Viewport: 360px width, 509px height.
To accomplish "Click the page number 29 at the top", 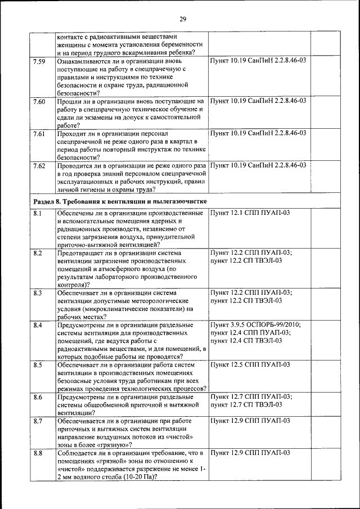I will (183, 20).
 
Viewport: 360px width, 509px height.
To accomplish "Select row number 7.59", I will (39, 60).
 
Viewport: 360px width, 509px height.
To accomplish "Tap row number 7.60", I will (39, 101).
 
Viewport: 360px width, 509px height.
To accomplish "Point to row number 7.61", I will (39, 133).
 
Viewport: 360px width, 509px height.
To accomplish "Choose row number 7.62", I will (39, 166).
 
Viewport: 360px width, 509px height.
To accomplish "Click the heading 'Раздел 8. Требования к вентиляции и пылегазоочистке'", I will (119, 201).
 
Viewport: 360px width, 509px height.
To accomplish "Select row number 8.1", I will (38, 213).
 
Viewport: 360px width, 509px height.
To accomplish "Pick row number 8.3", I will (38, 293).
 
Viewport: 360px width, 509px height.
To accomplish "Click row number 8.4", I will (38, 325).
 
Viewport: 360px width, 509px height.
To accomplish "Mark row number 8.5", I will (38, 365).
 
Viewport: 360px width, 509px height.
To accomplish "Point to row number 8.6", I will (38, 397).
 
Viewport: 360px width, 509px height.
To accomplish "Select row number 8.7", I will (38, 421).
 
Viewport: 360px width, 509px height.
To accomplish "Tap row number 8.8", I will (38, 453).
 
